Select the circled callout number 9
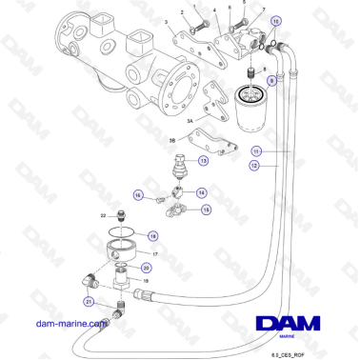(271, 83)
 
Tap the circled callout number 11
(255, 151)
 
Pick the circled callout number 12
(255, 165)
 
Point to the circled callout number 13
(204, 162)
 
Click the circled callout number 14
(202, 192)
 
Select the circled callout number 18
(153, 234)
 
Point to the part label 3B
(172, 139)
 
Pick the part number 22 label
(103, 216)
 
